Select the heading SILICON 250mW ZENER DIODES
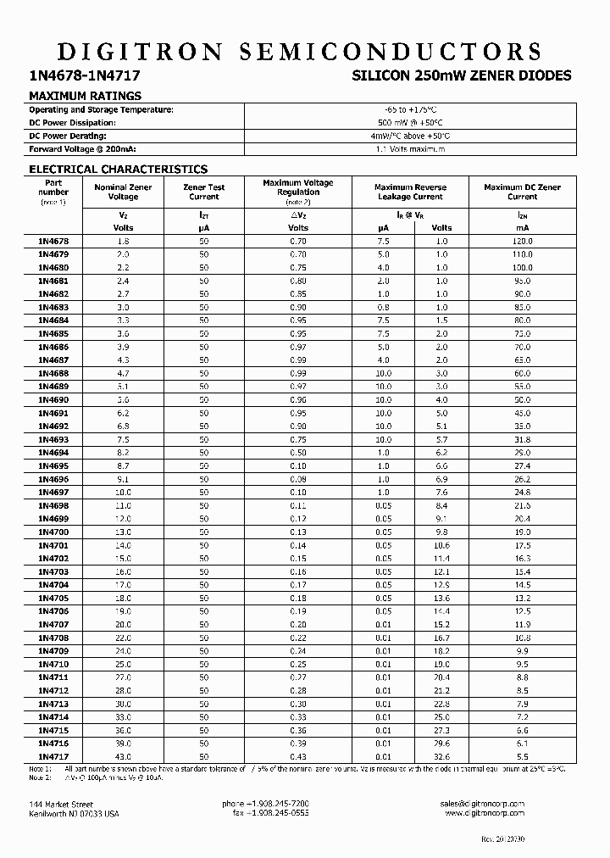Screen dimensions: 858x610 tap(462, 76)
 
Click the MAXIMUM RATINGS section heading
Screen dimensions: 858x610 tap(85, 96)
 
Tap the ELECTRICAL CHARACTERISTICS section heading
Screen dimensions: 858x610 tap(118, 170)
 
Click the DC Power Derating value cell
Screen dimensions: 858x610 tap(410, 136)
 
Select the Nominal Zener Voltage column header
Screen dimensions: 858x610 tap(122, 192)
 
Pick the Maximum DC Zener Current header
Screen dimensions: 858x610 tap(522, 192)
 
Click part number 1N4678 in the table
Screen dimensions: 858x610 tap(53, 242)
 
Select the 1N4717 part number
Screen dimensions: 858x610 tap(53, 756)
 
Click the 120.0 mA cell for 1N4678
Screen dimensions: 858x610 tap(522, 242)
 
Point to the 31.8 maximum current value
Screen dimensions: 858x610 tap(522, 440)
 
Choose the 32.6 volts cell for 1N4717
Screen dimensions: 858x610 tap(441, 756)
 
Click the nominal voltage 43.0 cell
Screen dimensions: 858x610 tap(123, 756)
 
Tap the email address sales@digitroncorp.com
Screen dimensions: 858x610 tap(483, 804)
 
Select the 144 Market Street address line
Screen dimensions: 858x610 tap(61, 804)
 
